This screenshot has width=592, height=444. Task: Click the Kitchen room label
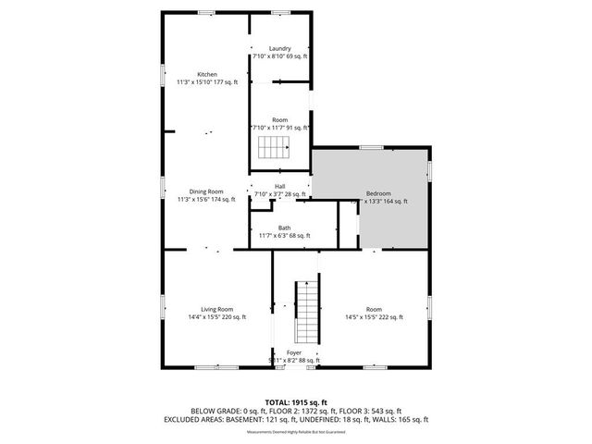pos(206,74)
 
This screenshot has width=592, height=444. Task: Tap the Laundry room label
pos(280,48)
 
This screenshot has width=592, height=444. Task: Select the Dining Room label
pos(206,191)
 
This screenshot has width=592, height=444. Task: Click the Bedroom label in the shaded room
pos(378,192)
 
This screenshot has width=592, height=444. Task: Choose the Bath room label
pos(284,228)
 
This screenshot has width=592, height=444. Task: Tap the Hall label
pos(279,186)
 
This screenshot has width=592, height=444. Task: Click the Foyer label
pos(293,352)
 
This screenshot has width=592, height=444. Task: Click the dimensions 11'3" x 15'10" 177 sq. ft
pos(206,82)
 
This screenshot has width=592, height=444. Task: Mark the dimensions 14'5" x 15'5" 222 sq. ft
pos(374,317)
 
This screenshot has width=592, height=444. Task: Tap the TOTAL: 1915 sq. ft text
pos(296,401)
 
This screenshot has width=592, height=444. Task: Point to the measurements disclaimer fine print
pos(296,431)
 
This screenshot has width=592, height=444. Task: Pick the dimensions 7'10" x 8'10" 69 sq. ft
pos(280,56)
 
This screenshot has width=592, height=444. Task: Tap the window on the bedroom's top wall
pos(372,147)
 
